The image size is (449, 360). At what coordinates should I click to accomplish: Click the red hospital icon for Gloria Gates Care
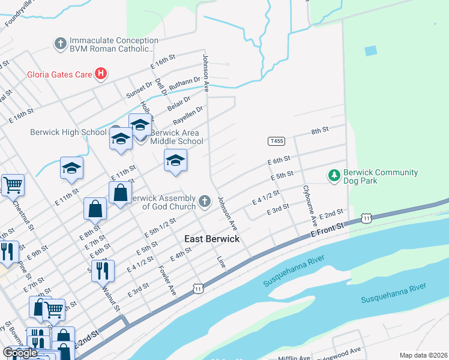click(x=101, y=74)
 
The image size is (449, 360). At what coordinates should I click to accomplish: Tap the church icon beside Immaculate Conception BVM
click(x=60, y=43)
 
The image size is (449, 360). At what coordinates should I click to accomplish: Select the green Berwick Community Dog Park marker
click(x=334, y=176)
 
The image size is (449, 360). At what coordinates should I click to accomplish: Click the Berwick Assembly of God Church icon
click(x=205, y=201)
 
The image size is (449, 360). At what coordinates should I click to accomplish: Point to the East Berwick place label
click(x=211, y=239)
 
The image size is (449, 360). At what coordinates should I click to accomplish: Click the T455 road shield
click(x=276, y=141)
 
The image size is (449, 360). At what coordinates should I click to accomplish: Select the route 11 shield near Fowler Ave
click(x=197, y=289)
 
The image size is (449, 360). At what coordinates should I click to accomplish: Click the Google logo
click(x=20, y=352)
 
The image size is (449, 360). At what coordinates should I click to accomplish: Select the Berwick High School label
click(x=68, y=132)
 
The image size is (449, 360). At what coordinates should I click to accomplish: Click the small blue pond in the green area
click(x=370, y=51)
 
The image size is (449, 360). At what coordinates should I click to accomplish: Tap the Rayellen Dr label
click(x=188, y=115)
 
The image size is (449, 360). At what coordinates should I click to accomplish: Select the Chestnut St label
click(x=22, y=214)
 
